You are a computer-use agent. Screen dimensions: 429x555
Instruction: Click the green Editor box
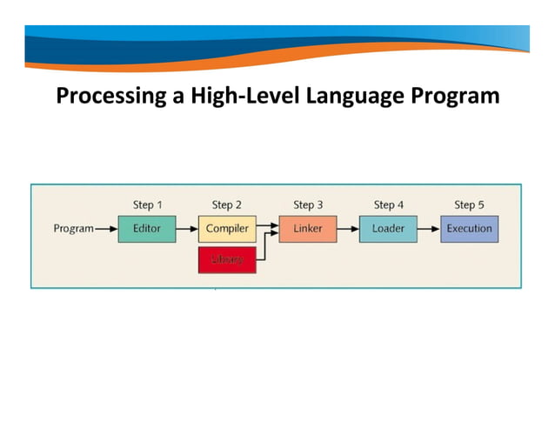click(146, 229)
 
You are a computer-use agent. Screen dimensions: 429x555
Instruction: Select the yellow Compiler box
click(227, 229)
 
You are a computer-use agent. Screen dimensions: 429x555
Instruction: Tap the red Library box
click(227, 259)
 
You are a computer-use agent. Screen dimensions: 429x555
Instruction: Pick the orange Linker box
click(308, 229)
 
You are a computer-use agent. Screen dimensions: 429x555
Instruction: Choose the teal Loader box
click(388, 229)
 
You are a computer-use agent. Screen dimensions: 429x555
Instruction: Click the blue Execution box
click(469, 229)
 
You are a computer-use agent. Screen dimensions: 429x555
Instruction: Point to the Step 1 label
click(147, 205)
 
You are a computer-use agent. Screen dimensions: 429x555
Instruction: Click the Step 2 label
click(227, 205)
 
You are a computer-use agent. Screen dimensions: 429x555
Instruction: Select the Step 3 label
click(308, 205)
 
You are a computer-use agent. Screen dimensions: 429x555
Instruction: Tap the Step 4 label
click(389, 205)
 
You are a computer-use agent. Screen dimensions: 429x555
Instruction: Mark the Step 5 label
click(469, 205)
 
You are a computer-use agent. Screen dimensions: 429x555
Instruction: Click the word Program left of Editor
click(73, 229)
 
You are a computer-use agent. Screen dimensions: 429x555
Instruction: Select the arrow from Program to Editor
click(105, 229)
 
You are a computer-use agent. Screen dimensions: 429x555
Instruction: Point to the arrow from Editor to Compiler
click(186, 229)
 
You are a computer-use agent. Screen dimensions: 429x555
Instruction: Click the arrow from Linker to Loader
click(348, 229)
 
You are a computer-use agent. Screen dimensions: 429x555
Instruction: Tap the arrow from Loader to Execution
click(428, 229)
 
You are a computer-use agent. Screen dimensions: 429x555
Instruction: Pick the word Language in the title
click(356, 95)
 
